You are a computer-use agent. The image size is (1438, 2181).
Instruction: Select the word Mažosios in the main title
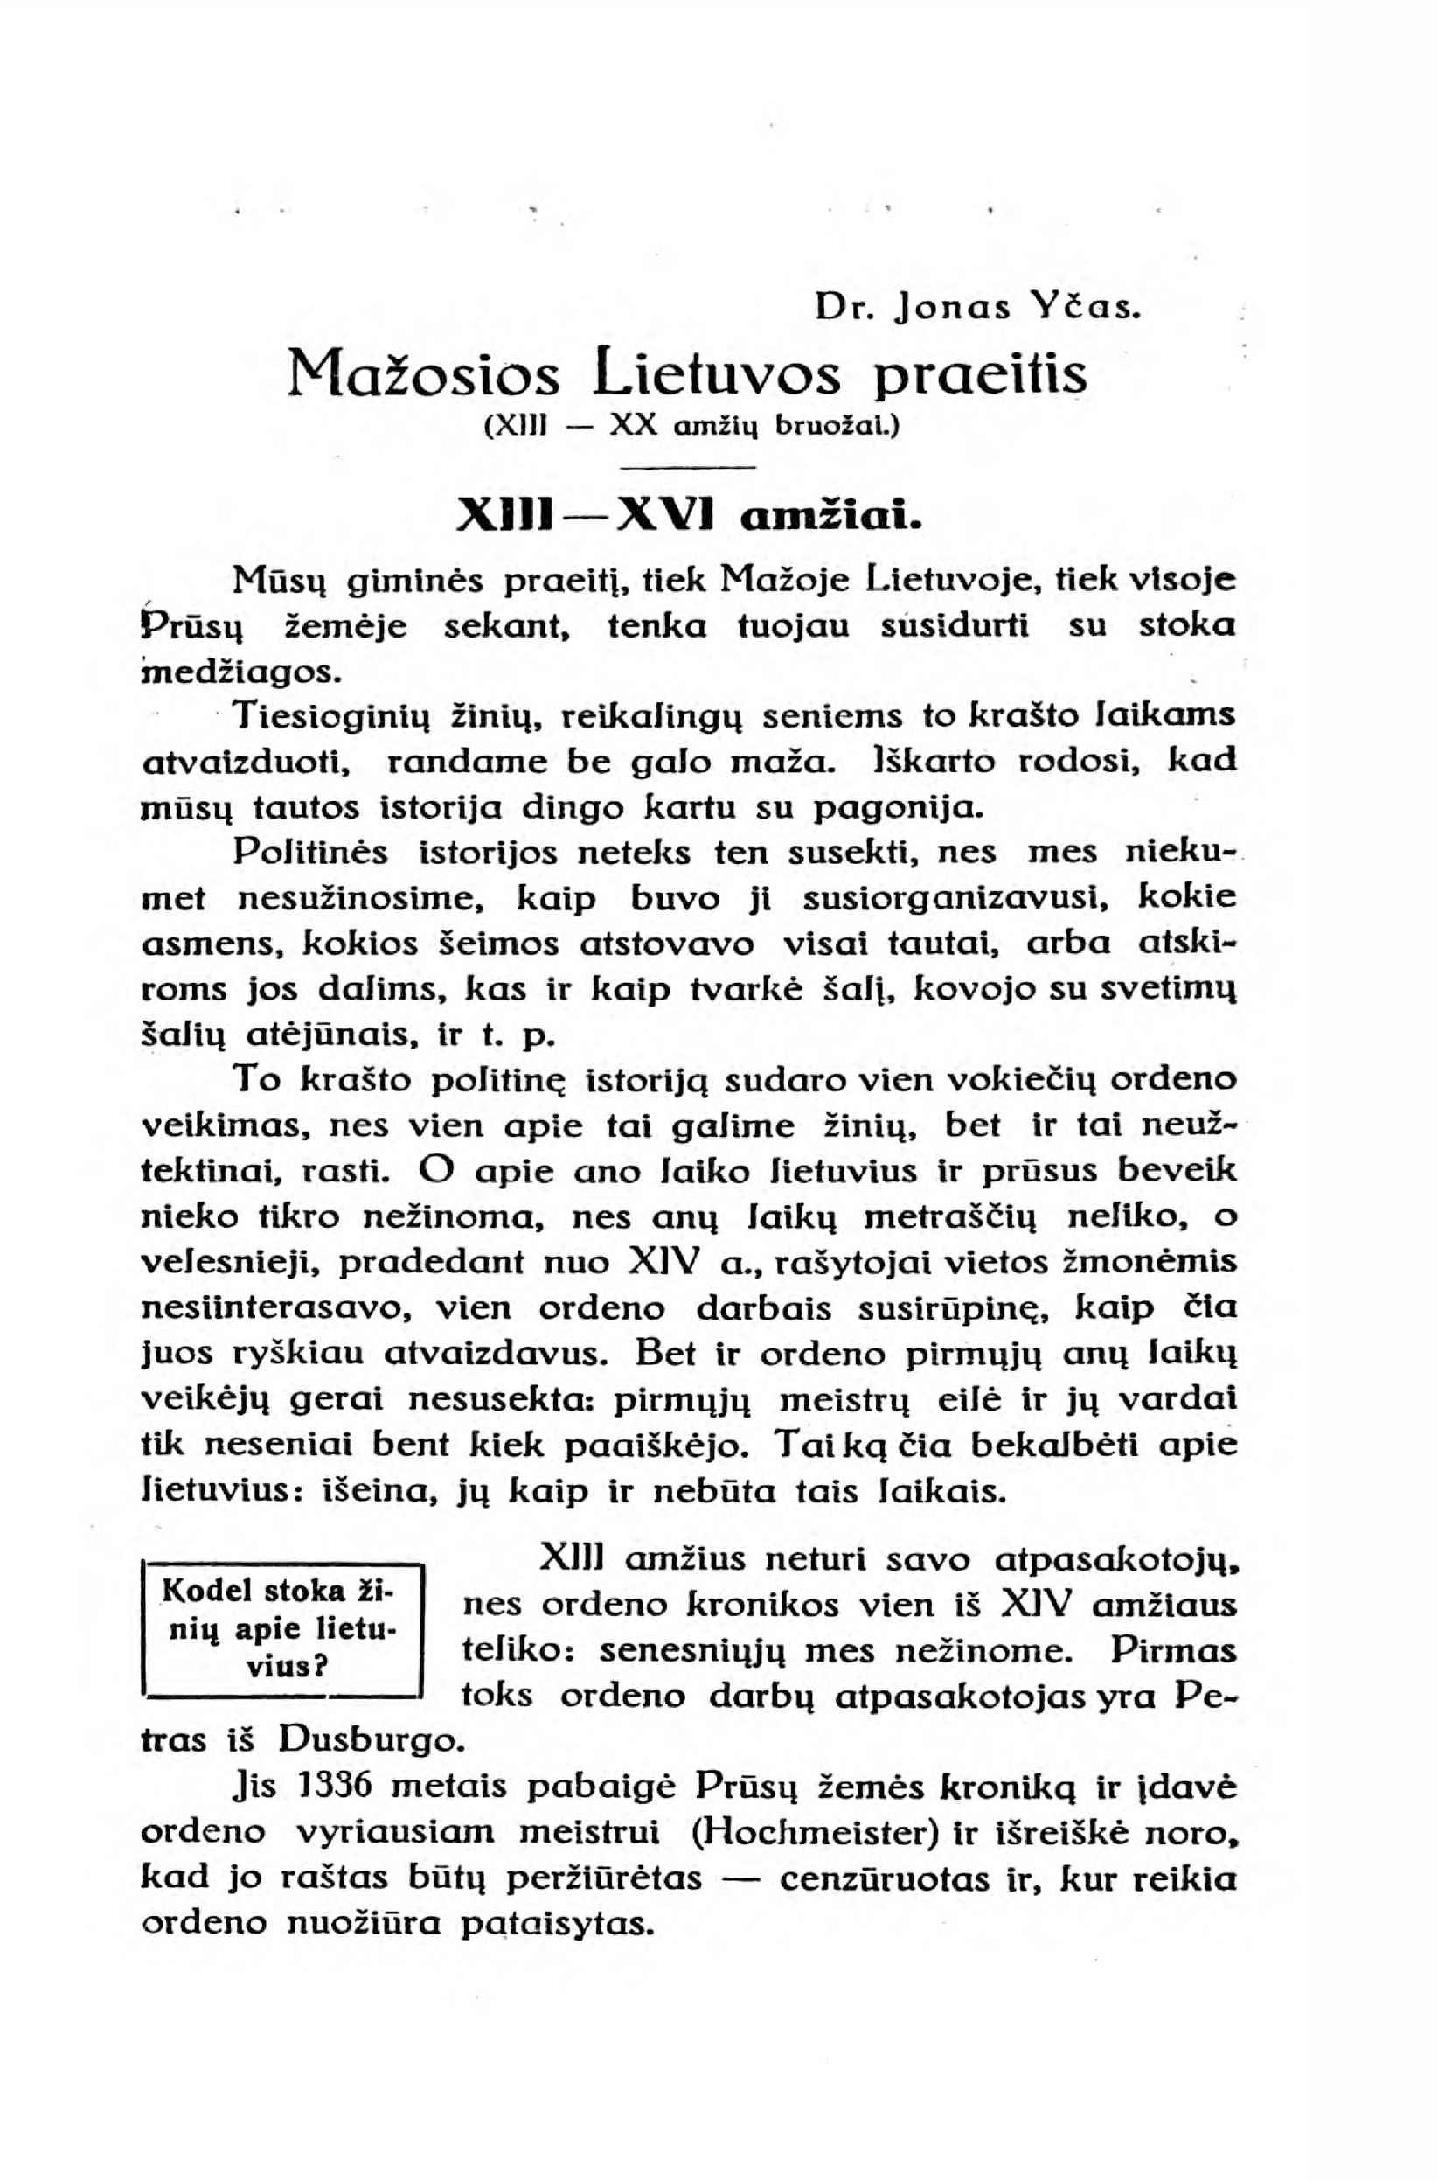pyautogui.click(x=423, y=373)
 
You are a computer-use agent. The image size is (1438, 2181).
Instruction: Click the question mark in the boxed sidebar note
pyautogui.click(x=321, y=1665)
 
